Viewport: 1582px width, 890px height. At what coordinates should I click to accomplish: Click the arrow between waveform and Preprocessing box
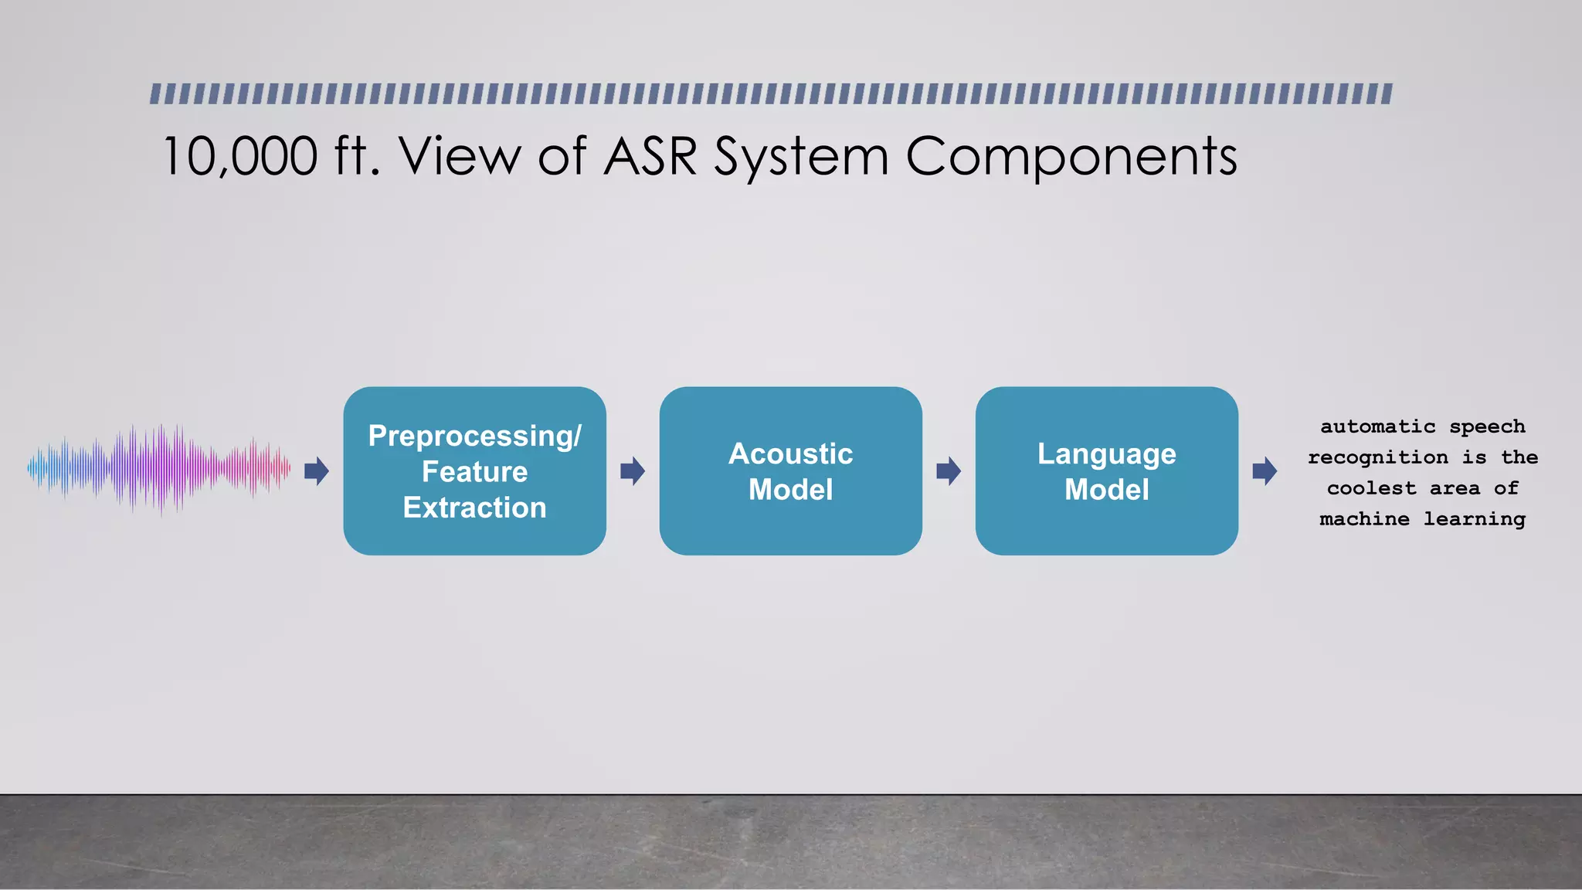317,470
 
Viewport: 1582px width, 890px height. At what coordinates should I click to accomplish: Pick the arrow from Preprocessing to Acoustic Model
633,470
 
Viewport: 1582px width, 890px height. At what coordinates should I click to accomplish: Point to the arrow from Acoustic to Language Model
949,470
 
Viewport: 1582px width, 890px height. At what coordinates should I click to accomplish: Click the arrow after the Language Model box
1265,470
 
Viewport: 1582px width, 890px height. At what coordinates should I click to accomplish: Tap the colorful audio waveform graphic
158,469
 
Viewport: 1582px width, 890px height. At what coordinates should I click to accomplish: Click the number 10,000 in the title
240,157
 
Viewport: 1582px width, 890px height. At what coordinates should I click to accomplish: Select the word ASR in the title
650,157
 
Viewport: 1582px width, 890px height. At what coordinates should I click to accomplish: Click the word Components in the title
1071,157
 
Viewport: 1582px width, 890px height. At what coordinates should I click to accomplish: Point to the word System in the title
800,157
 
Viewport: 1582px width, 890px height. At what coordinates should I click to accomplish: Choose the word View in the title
460,157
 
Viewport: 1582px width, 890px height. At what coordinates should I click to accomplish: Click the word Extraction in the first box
474,508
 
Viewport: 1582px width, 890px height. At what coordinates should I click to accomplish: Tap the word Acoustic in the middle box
790,453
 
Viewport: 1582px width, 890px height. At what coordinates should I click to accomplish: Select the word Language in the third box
1106,453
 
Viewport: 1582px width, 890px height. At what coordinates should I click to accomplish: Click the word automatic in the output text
1377,426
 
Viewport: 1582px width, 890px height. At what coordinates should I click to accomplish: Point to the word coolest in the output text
1371,488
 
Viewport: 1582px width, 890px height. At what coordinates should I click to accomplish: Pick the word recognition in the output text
1377,457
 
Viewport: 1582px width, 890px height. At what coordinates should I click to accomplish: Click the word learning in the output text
1474,519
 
